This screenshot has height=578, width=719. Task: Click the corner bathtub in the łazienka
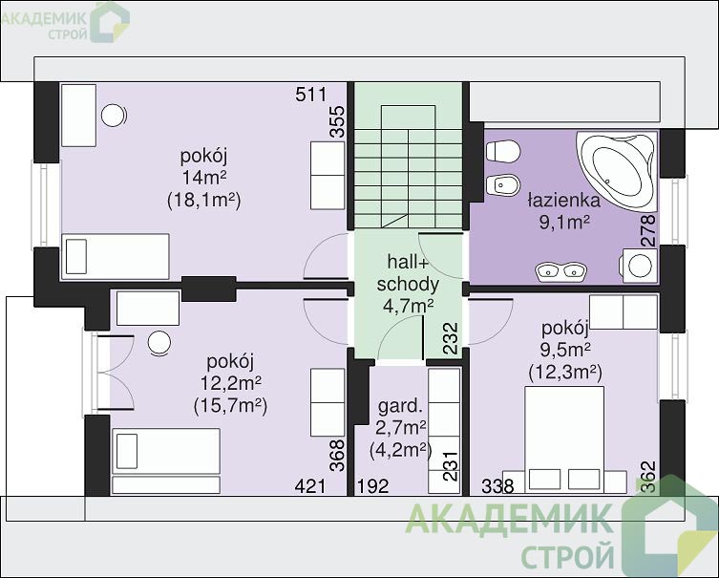click(616, 169)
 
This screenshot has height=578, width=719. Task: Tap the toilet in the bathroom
click(502, 151)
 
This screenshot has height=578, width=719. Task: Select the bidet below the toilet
click(502, 185)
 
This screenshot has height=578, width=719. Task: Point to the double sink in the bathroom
click(560, 270)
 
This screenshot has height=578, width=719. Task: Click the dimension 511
click(311, 95)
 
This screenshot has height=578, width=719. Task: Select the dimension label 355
click(337, 121)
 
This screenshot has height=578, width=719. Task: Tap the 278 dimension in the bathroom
click(649, 231)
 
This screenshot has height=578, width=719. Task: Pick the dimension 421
click(310, 486)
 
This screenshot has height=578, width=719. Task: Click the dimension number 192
click(373, 486)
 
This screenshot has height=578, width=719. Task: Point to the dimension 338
click(497, 486)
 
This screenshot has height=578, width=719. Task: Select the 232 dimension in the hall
click(451, 338)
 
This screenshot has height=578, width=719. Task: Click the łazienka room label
click(564, 201)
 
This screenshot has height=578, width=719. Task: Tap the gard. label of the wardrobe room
click(400, 406)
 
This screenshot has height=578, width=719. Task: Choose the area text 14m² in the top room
click(205, 177)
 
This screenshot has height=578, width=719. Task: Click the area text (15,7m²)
click(231, 405)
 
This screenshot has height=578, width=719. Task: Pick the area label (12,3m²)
click(565, 372)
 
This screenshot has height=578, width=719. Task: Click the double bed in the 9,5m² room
click(564, 439)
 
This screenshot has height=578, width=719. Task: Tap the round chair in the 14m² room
click(114, 116)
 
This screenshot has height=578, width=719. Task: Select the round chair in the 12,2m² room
click(159, 343)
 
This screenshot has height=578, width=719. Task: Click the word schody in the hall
click(408, 285)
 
